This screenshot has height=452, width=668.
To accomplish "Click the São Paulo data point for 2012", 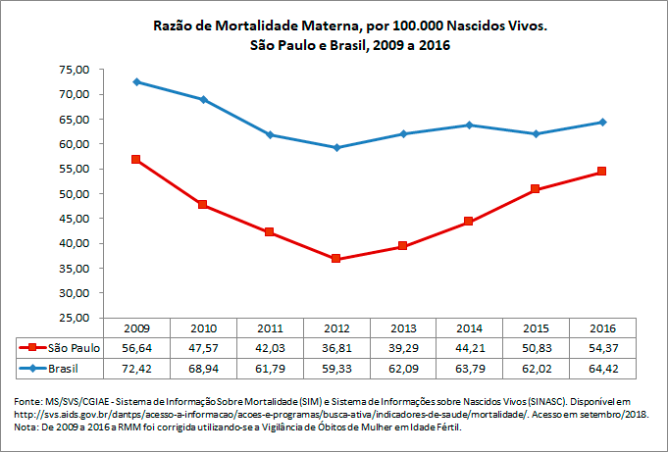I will [335, 259].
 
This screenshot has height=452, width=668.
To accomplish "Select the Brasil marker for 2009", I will [136, 81].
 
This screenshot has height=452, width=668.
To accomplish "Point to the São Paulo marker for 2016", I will [601, 172].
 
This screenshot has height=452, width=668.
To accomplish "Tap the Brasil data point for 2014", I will [469, 125].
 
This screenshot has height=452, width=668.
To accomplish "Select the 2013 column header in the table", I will [402, 327].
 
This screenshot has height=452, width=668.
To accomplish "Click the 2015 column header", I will [535, 327].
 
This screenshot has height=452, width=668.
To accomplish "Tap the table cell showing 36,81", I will [335, 347].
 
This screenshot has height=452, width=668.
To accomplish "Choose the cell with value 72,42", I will [136, 369].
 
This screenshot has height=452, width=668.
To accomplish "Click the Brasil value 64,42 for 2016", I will [601, 369].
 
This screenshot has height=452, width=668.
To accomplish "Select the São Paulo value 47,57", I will [203, 347].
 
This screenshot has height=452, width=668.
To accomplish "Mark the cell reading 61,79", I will [270, 369].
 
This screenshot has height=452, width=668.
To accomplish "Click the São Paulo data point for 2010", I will [203, 205].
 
